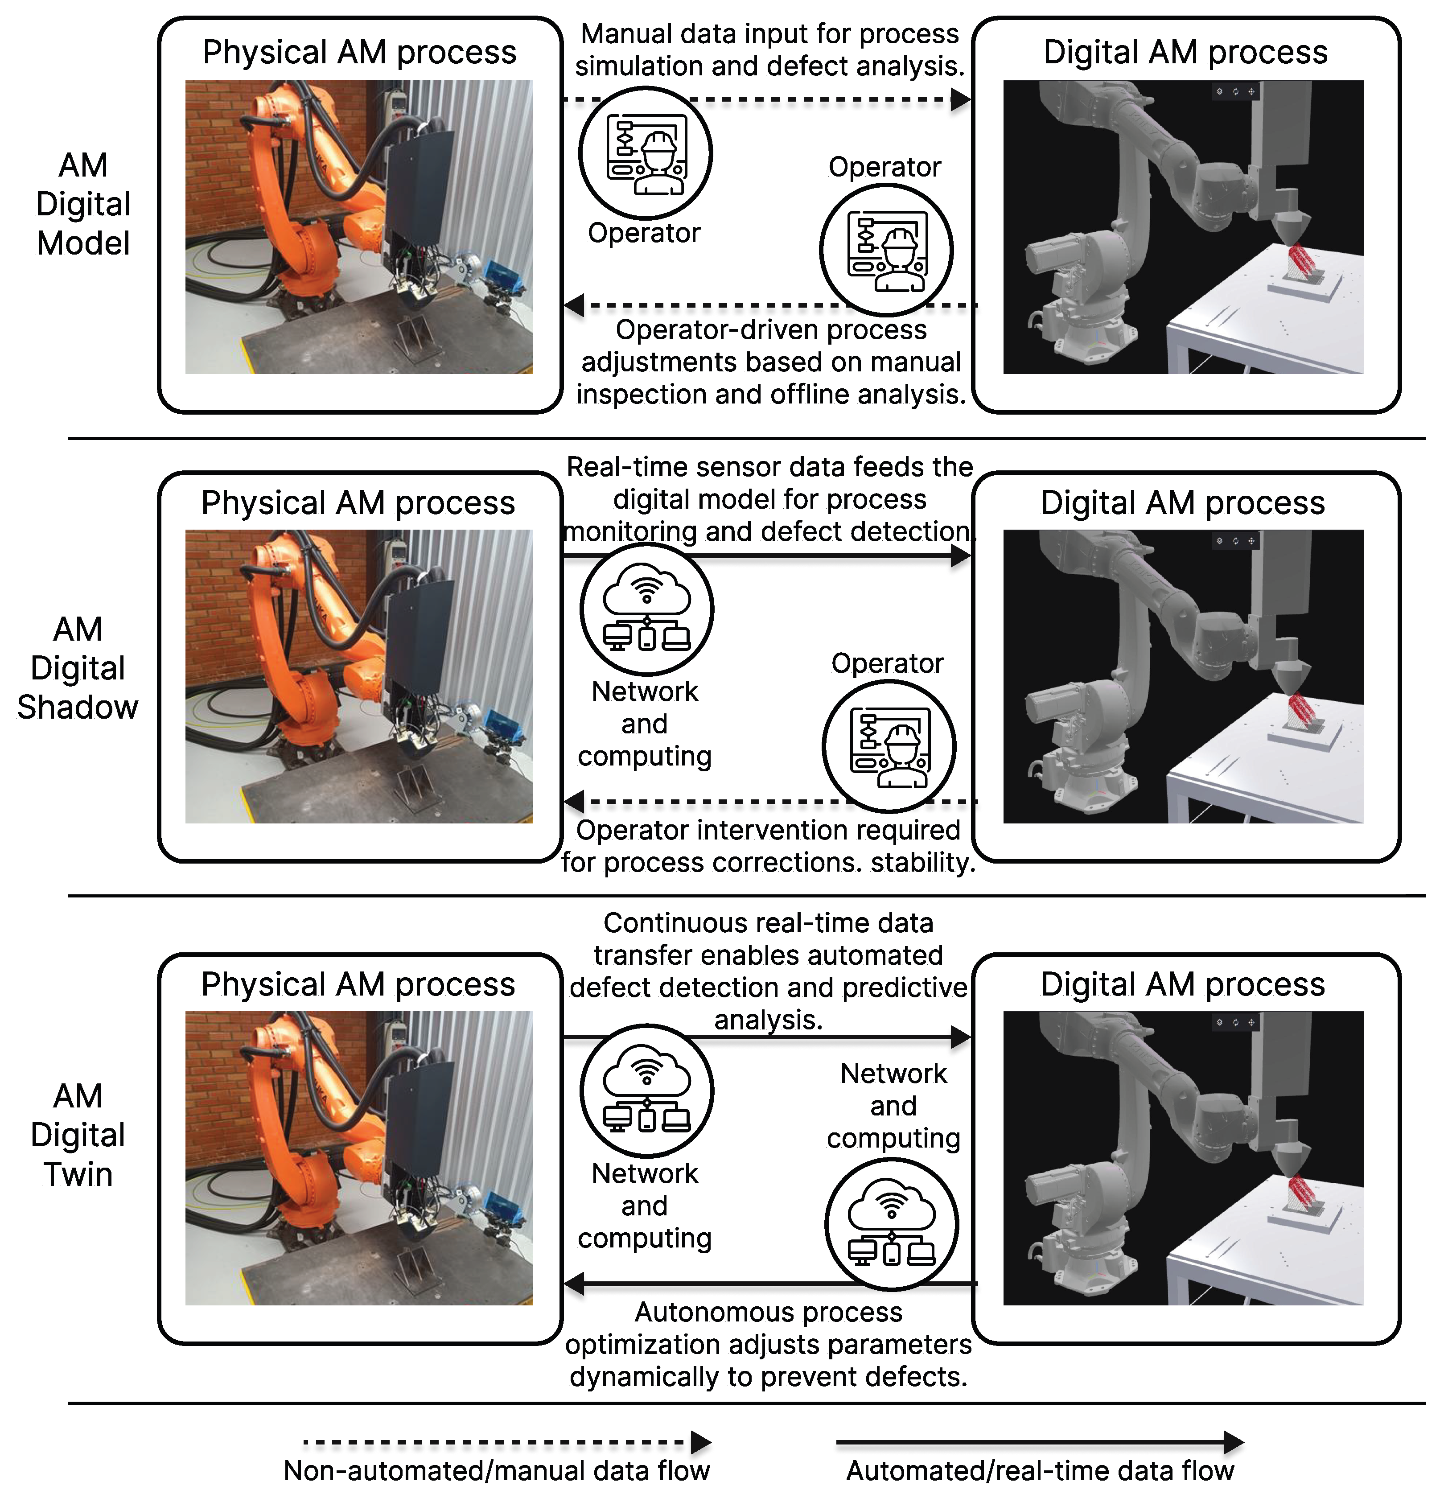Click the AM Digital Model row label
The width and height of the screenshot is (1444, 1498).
click(x=82, y=204)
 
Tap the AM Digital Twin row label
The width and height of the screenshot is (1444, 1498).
click(x=78, y=1135)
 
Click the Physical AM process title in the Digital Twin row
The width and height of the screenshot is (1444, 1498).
click(x=358, y=984)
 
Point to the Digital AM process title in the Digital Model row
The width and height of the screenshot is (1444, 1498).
click(x=1185, y=53)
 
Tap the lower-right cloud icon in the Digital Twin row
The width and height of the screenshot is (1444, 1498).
click(x=891, y=1224)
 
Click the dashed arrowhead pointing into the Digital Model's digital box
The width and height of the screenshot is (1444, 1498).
click(x=960, y=99)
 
